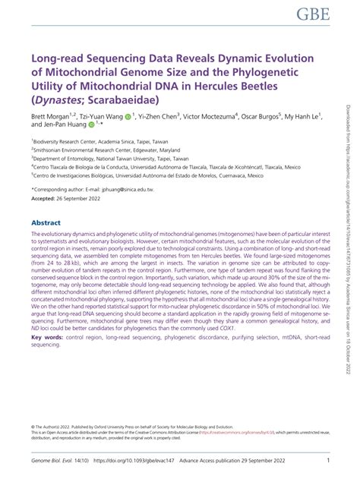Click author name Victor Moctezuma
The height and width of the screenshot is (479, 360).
(208, 118)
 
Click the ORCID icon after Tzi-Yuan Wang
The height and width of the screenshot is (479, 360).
(128, 118)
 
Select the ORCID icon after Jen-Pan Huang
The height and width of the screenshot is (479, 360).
(91, 126)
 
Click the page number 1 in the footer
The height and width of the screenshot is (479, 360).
(328, 460)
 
